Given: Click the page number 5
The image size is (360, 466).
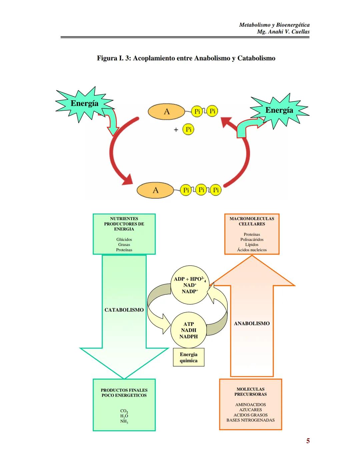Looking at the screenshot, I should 308,441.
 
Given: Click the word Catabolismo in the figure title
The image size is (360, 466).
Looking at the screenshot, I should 256,58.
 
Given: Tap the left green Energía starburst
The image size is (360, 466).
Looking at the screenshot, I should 84,104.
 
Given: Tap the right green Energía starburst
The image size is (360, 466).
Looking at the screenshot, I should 279,110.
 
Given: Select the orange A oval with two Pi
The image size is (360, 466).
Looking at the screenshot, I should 166,112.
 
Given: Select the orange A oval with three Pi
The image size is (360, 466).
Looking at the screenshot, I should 155,190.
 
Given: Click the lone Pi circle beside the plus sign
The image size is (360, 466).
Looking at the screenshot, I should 188,129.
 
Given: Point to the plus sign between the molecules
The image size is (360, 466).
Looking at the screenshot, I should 176,130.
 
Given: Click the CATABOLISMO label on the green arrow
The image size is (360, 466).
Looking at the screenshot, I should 124,310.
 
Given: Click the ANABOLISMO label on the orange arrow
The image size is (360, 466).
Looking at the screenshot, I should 252,324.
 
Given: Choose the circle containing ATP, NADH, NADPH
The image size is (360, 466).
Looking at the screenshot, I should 189,330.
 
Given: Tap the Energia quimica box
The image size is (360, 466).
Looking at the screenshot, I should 189,358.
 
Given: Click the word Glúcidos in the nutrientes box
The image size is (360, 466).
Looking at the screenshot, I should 124,240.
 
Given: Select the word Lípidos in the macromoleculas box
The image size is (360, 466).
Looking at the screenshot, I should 252,245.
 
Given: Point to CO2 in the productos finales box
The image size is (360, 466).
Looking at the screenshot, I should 124,411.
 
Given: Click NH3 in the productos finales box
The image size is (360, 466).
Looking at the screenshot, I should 124,422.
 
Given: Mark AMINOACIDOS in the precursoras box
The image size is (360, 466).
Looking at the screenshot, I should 251,405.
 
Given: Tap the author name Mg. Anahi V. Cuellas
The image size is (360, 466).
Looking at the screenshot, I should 283,32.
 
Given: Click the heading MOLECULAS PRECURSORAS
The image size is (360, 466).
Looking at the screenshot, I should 251,392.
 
